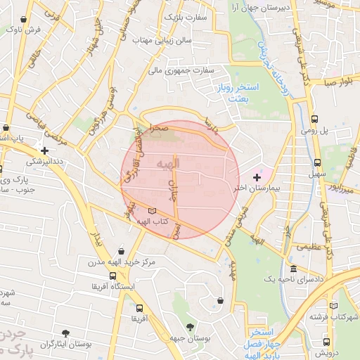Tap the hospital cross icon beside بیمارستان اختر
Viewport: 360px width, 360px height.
tap(257, 176)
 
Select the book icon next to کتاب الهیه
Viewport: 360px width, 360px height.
tap(153, 210)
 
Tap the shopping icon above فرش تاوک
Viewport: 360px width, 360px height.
tap(31, 18)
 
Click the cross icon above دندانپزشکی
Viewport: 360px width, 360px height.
tap(45, 150)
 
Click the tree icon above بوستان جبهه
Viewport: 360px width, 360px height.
tap(190, 327)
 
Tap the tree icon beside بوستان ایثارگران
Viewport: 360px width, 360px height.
tap(66, 333)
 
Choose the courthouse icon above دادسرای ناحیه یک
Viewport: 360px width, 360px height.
tap(292, 269)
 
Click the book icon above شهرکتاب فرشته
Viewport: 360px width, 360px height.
tap(335, 307)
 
